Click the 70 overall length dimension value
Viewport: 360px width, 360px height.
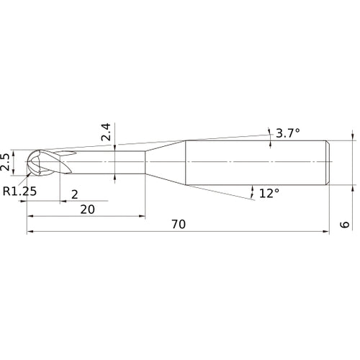click(179, 225)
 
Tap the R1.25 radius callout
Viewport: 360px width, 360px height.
click(19, 191)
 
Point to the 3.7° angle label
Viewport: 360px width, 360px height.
click(287, 132)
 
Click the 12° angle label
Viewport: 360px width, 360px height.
click(269, 193)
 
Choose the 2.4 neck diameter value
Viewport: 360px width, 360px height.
click(105, 131)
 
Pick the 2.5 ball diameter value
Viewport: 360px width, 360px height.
click(6, 162)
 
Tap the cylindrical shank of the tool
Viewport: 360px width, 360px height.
click(259, 162)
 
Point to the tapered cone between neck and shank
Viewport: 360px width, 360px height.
click(166, 162)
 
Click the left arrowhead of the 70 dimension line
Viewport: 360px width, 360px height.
click(30, 233)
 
